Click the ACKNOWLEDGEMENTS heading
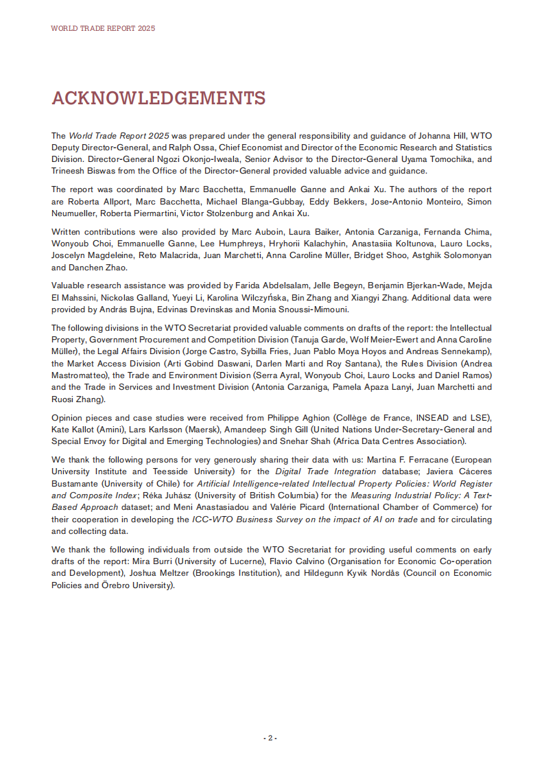click(x=158, y=98)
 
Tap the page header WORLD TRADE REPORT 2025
click(x=103, y=28)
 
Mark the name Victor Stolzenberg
click(x=206, y=213)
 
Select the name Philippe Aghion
click(x=254, y=417)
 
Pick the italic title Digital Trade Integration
click(x=326, y=471)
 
